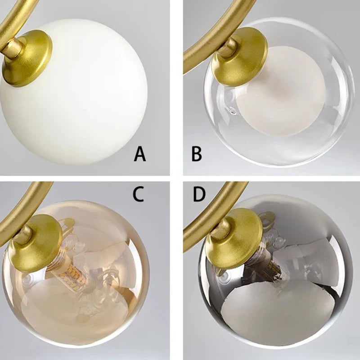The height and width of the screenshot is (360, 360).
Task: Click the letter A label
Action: coord(140,155)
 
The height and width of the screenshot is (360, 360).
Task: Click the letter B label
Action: coord(197,154)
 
